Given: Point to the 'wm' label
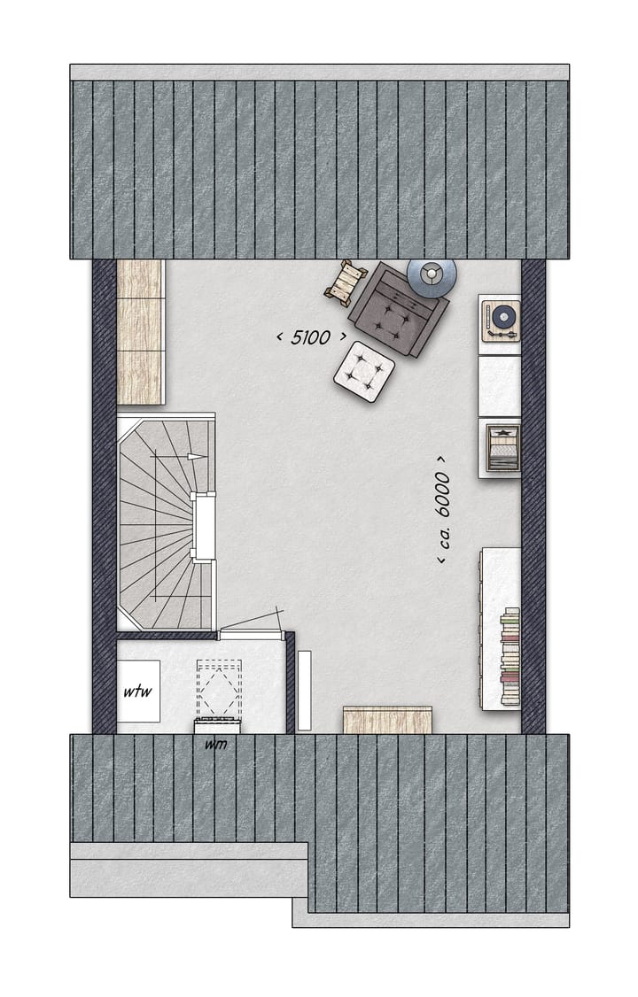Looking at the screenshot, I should (216, 744).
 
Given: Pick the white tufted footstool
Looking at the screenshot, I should (364, 371).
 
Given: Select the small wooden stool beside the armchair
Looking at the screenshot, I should (345, 282).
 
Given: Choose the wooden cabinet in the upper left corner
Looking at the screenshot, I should (141, 332).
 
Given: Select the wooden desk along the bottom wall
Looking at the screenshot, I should (387, 719).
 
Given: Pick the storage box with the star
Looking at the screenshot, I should (501, 447).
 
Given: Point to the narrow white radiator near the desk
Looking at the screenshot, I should (305, 691).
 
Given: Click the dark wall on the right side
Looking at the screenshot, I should (533, 496).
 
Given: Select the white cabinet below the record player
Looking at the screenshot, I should (500, 386).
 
